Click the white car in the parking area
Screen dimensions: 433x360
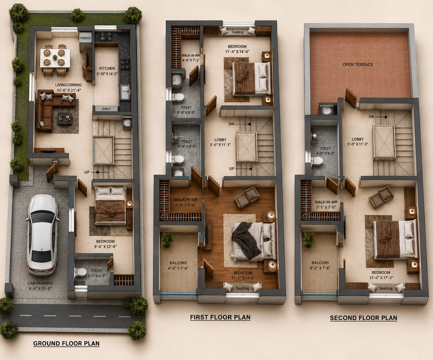[x=42, y=235]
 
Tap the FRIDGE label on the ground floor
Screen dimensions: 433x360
[x=85, y=38]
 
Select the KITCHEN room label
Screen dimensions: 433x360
[x=107, y=68]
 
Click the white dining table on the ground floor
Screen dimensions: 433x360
[x=55, y=58]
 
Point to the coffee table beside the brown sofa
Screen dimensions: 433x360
[x=65, y=119]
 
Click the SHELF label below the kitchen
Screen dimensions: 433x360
[x=106, y=109]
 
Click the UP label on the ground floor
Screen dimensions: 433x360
[x=87, y=172]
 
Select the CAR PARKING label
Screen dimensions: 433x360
[x=40, y=283]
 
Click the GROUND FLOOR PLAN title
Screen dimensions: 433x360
[x=66, y=344]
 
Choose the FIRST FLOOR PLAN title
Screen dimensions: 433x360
[x=220, y=318]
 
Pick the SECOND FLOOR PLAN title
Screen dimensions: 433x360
[x=363, y=318]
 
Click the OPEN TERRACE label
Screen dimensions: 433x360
[x=358, y=65]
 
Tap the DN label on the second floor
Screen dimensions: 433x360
[x=371, y=117]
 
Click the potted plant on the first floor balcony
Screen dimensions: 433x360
[x=167, y=239]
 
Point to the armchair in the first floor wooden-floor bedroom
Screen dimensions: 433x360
[x=247, y=197]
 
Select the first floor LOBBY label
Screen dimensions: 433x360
[x=220, y=140]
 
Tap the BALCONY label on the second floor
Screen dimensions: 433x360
[x=320, y=262]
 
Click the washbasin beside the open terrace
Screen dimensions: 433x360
[x=327, y=111]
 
